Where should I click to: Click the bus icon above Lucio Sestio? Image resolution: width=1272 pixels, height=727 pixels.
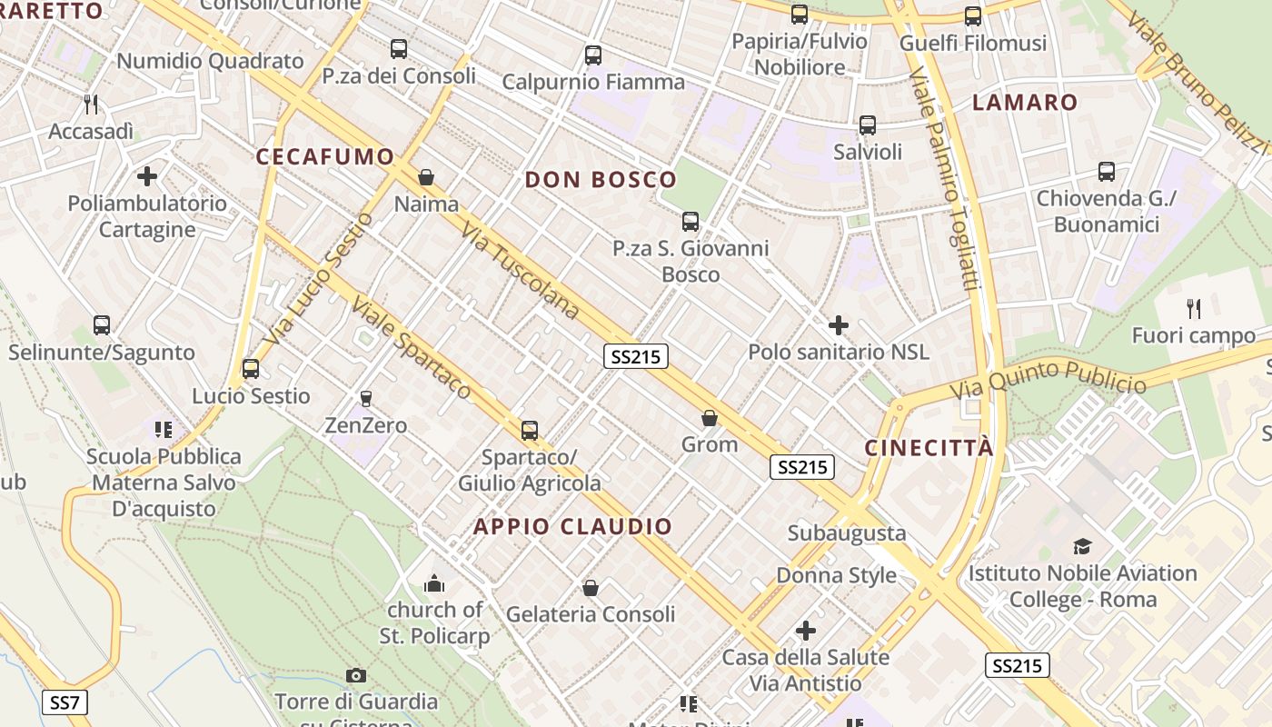click(250, 369)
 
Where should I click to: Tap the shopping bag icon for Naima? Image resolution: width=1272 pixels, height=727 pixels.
click(425, 177)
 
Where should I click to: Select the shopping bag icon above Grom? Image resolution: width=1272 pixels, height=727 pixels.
click(710, 418)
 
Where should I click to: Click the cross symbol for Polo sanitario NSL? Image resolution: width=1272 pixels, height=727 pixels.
click(839, 324)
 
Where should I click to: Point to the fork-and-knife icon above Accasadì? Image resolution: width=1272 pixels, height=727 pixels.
click(91, 105)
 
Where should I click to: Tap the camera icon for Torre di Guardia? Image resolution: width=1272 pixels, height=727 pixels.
click(356, 675)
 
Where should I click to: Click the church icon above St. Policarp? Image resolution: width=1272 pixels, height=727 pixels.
click(435, 583)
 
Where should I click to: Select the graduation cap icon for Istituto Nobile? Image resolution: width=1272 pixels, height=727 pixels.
click(1082, 546)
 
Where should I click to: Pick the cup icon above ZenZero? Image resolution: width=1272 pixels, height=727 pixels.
click(366, 398)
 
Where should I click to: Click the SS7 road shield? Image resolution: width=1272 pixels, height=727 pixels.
click(65, 702)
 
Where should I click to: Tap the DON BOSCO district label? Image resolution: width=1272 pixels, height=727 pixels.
click(601, 180)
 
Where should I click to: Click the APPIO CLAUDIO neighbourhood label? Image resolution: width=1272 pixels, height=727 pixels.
click(572, 526)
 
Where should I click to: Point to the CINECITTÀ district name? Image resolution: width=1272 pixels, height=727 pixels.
click(929, 448)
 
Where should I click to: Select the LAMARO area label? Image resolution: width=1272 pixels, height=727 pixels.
click(1025, 103)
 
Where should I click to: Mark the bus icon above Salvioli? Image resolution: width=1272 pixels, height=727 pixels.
click(868, 124)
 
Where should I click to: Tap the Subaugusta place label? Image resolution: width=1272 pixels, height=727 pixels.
click(847, 533)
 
